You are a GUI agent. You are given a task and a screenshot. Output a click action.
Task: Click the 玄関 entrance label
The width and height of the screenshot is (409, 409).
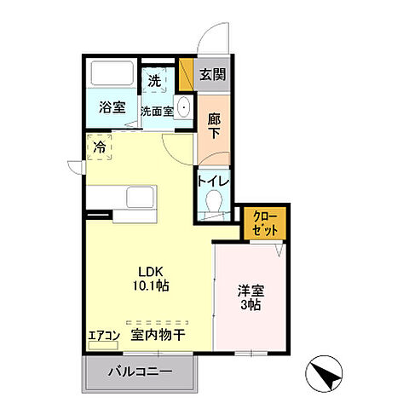pos(213,75)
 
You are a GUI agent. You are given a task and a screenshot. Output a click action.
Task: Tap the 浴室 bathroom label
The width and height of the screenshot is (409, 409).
pos(112,108)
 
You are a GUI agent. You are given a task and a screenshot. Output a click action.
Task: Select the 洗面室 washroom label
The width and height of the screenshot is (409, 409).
pos(158,110)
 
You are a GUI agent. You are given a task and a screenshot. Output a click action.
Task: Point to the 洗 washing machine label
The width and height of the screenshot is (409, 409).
pos(153,81)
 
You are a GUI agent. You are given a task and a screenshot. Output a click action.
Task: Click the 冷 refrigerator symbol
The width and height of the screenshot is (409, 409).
pos(100,147)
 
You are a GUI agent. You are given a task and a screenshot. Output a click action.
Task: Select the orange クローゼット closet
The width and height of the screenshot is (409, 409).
pos(265,222)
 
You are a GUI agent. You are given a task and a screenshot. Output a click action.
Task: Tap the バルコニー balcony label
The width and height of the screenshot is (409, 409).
pos(141,372)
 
